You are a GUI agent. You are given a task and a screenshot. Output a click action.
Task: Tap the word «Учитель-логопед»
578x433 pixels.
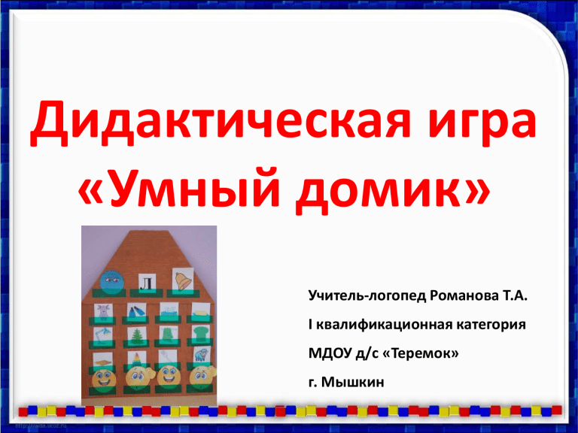tap(367, 296)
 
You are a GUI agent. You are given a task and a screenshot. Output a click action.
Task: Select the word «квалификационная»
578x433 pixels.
tap(384, 325)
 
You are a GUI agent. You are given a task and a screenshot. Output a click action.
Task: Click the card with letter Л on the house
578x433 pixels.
tap(147, 283)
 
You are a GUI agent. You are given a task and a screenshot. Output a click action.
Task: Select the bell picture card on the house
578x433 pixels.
tap(183, 280)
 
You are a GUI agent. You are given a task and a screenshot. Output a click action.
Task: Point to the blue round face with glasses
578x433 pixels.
tap(112, 283)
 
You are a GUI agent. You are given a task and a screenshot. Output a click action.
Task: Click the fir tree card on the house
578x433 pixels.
tap(137, 335)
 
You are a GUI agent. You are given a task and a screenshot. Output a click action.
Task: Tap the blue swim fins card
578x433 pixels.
tap(136, 310)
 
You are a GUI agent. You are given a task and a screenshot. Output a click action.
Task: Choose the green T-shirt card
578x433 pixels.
tap(201, 334)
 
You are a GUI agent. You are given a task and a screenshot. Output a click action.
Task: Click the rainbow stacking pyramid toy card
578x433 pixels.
tap(136, 359)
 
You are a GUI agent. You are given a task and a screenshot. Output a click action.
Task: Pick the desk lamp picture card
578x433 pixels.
tap(103, 335)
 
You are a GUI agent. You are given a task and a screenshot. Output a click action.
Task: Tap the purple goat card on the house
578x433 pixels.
tap(103, 311)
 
